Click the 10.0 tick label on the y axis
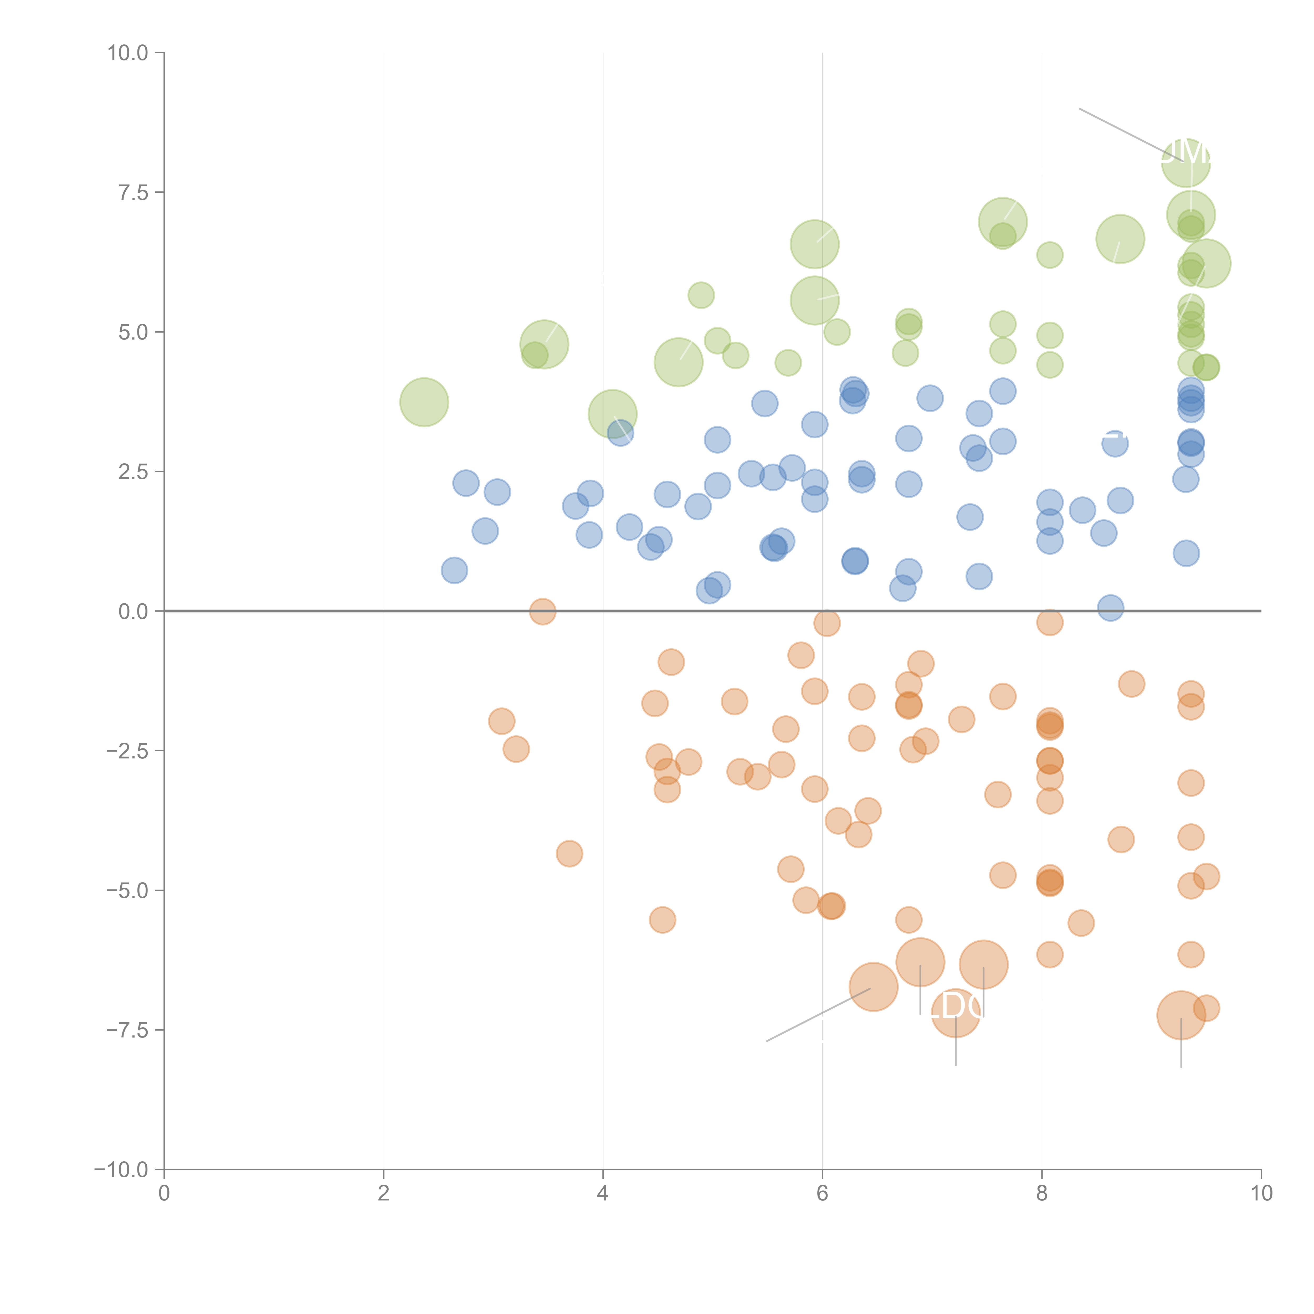128,53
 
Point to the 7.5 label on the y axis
133,192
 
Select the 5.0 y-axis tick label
133,333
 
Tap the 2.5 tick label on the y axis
133,472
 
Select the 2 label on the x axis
384,1194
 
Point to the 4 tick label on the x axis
603,1194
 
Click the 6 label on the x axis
822,1194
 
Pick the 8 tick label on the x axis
1042,1194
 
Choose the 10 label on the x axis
1261,1194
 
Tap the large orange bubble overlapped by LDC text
956,1013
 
